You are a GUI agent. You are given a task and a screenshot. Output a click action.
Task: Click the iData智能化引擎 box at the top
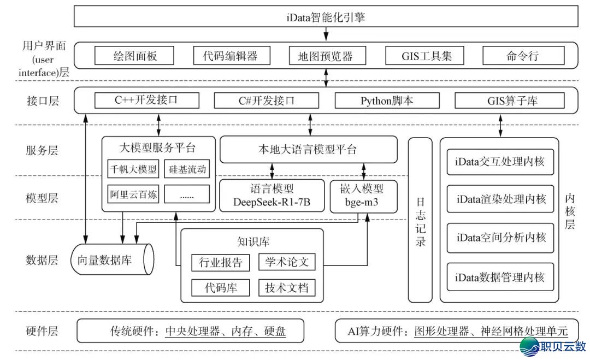[326, 16]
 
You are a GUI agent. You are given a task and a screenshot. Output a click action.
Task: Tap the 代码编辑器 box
[225, 56]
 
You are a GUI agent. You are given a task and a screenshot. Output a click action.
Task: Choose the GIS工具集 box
[418, 56]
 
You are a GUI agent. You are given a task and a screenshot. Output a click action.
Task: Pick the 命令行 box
[516, 56]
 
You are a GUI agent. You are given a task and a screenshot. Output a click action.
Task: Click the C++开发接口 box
[146, 101]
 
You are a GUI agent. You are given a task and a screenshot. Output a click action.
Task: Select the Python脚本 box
[386, 101]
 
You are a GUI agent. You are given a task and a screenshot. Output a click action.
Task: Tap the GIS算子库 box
[501, 101]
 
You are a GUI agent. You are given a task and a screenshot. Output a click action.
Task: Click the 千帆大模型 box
[133, 169]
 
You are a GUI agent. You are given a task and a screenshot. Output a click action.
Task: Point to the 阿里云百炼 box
[133, 194]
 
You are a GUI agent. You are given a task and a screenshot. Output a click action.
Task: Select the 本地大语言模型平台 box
[308, 149]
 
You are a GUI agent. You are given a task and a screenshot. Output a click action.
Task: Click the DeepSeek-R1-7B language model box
[272, 196]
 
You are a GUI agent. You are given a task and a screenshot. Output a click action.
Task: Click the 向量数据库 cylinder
[112, 259]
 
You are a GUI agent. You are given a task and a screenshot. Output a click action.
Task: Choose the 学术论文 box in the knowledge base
[287, 262]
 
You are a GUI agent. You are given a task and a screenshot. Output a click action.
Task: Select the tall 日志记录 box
[420, 220]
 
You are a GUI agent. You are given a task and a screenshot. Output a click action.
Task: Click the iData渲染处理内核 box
[500, 199]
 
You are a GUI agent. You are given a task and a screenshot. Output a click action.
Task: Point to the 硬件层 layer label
[42, 331]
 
